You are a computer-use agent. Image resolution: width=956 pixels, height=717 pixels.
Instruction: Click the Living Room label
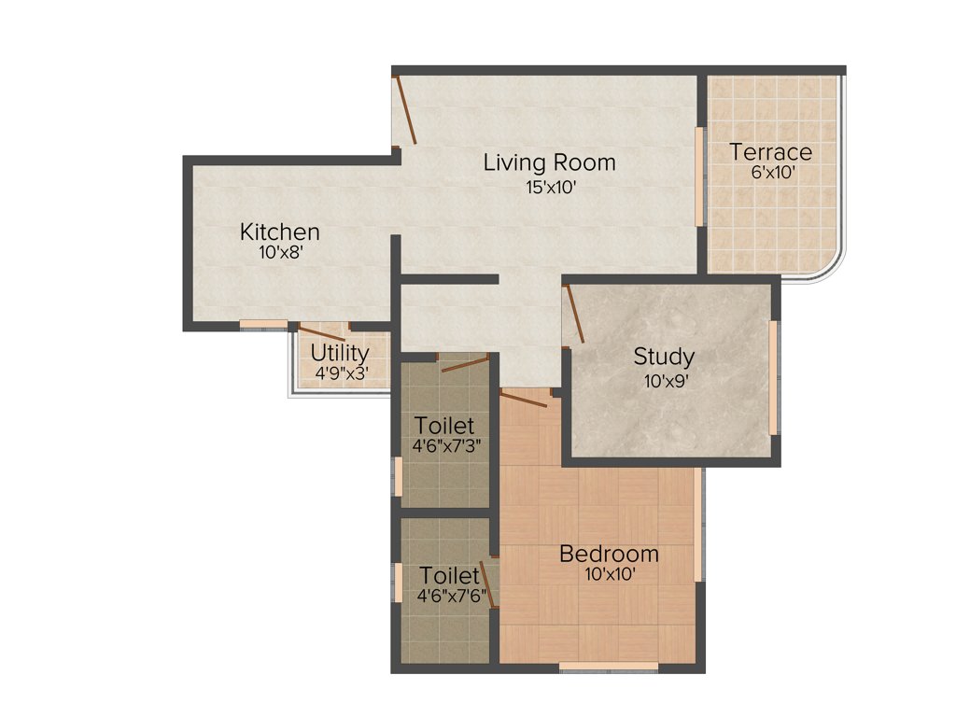pyautogui.click(x=549, y=162)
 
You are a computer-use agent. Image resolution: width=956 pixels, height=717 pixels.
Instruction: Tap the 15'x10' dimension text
pyautogui.click(x=549, y=186)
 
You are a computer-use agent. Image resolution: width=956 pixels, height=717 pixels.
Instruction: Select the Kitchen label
pyautogui.click(x=280, y=232)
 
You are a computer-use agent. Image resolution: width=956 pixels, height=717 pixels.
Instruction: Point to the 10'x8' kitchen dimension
pyautogui.click(x=280, y=252)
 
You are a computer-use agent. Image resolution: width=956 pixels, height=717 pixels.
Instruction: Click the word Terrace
pyautogui.click(x=770, y=151)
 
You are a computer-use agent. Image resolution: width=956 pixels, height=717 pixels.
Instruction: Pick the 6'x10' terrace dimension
pyautogui.click(x=770, y=172)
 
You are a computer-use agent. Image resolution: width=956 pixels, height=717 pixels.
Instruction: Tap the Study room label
pyautogui.click(x=664, y=356)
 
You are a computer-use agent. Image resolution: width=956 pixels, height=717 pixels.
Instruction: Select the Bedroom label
pyautogui.click(x=609, y=554)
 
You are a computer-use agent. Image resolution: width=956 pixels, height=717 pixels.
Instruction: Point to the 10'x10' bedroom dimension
pyautogui.click(x=610, y=574)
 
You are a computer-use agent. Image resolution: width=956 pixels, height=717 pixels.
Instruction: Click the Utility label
pyautogui.click(x=340, y=354)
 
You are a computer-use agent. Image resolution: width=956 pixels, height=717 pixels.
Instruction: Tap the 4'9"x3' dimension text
pyautogui.click(x=341, y=373)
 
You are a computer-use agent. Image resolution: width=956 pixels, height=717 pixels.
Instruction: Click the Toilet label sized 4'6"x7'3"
pyautogui.click(x=444, y=427)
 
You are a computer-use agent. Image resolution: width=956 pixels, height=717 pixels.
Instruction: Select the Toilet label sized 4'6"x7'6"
pyautogui.click(x=449, y=575)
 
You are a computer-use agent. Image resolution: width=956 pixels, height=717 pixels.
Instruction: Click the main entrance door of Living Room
pyautogui.click(x=406, y=110)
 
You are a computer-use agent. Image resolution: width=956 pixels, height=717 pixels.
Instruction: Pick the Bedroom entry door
pyautogui.click(x=523, y=400)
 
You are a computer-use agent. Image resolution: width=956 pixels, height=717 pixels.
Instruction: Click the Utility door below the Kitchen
pyautogui.click(x=322, y=333)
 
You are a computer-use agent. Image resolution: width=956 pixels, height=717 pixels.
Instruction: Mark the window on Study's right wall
pyautogui.click(x=773, y=378)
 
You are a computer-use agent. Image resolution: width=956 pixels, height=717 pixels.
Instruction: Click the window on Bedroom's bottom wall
pyautogui.click(x=609, y=667)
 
